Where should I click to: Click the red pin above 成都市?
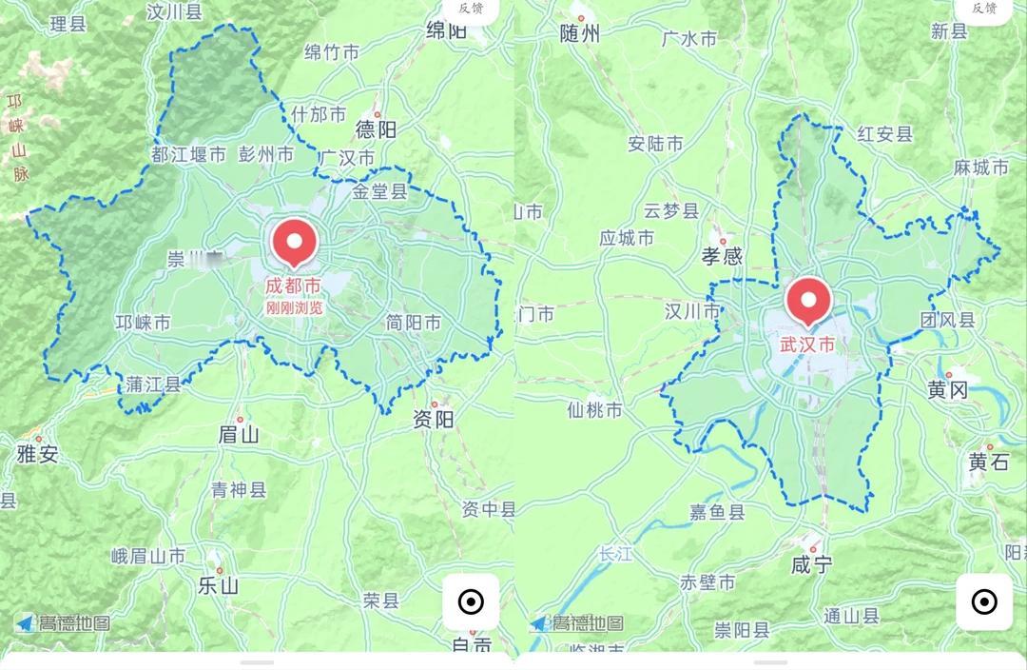tap(295, 241)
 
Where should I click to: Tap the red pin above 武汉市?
tap(808, 302)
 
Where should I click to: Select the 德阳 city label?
tap(376, 129)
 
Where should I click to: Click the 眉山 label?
tap(238, 435)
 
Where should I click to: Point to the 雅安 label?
tap(37, 454)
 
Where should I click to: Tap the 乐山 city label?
tap(218, 585)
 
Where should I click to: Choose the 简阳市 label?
tap(414, 323)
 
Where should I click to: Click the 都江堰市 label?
tap(189, 154)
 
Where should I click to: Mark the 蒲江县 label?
tap(153, 384)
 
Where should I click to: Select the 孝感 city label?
tap(722, 256)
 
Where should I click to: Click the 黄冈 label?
tap(947, 389)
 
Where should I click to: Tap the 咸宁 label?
tap(811, 565)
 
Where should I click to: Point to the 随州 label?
tap(580, 34)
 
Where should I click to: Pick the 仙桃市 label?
tap(594, 410)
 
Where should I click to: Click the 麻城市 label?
tap(980, 167)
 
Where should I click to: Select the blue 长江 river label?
tap(615, 554)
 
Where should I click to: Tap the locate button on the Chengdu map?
tap(471, 601)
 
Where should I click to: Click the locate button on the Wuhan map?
tap(984, 601)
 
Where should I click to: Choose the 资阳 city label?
tap(434, 420)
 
